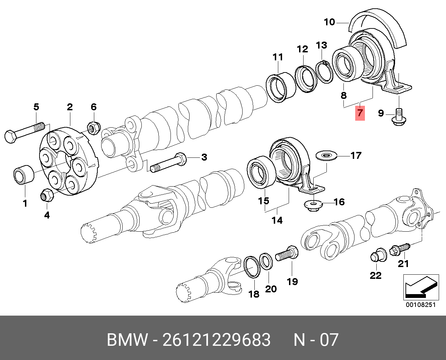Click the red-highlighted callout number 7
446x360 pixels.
[360, 113]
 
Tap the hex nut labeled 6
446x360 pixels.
[94, 128]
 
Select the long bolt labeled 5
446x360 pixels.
[25, 132]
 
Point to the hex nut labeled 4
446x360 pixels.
[47, 195]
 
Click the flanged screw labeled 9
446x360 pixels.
[399, 118]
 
